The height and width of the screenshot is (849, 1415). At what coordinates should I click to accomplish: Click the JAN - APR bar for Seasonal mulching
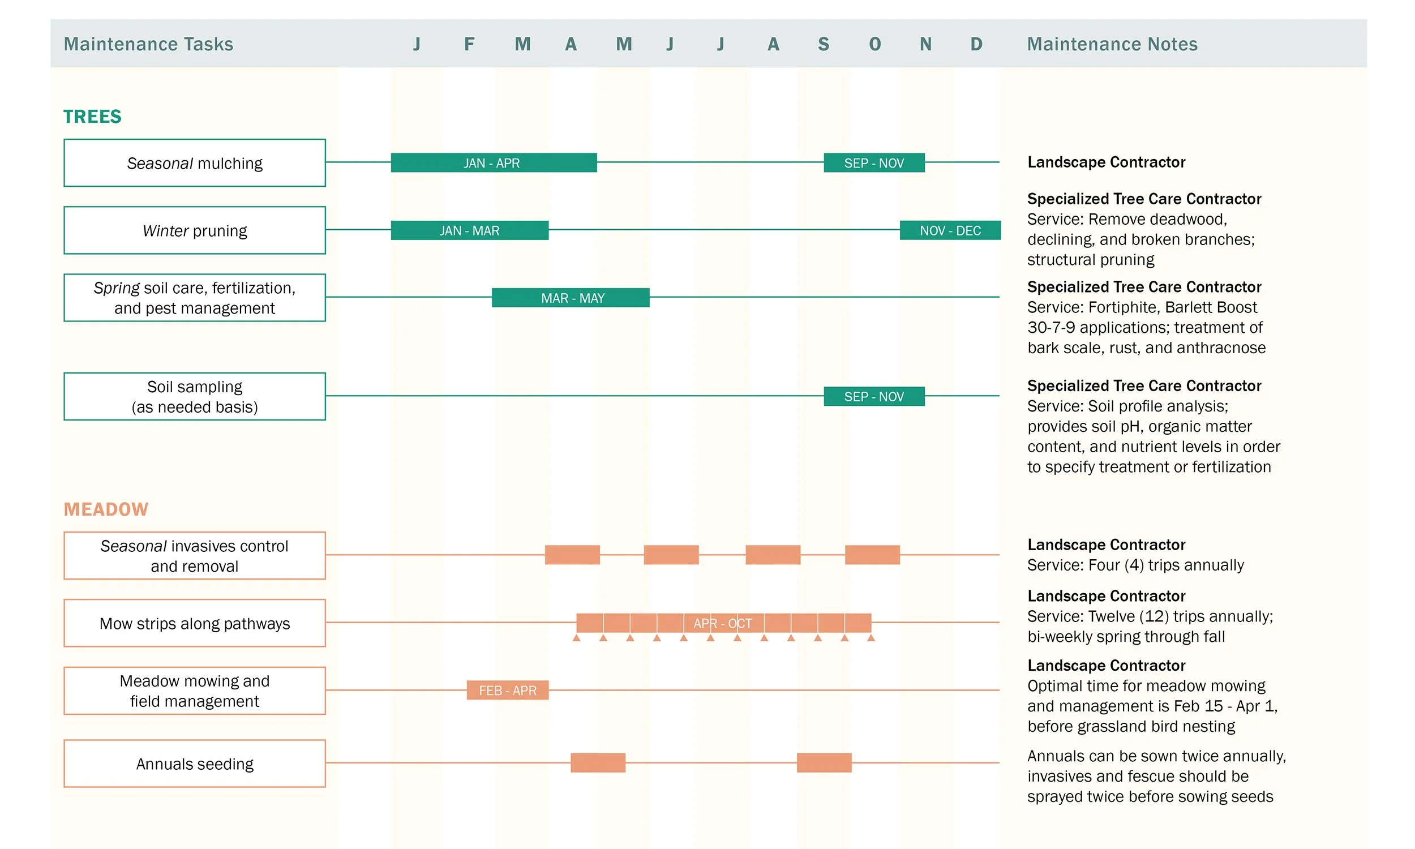coord(494,163)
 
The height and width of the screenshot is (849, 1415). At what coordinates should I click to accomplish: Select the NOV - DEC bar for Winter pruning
coord(949,230)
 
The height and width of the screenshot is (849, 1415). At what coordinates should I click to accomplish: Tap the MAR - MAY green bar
coord(570,298)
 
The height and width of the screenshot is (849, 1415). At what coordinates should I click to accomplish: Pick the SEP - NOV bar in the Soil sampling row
coord(873,396)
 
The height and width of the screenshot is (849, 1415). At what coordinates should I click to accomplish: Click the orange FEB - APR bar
coord(507,691)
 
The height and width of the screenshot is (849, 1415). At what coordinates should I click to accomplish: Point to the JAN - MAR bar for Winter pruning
coord(469,230)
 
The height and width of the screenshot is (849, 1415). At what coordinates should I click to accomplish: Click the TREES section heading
coord(92,117)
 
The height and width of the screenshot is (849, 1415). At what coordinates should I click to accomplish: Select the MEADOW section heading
coord(106,509)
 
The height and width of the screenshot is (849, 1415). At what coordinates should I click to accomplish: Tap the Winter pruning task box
coord(195,230)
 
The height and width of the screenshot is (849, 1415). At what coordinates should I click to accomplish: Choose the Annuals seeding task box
coord(195,764)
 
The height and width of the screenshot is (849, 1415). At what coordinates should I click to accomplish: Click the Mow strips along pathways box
coord(195,624)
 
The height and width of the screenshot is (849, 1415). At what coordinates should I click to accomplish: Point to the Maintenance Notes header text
coord(1111,44)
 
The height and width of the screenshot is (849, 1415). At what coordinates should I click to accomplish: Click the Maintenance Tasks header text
coord(148,44)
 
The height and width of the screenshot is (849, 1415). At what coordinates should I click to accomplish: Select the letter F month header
coord(469,44)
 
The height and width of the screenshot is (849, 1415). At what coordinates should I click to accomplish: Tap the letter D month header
coord(976,44)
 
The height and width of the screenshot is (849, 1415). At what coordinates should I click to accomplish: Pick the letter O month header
coord(874,44)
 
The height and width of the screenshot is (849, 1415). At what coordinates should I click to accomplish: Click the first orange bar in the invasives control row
coord(572,555)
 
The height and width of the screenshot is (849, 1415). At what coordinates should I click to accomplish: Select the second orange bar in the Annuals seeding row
coord(824,763)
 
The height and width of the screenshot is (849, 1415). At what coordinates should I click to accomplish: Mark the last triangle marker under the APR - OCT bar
coord(871,638)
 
